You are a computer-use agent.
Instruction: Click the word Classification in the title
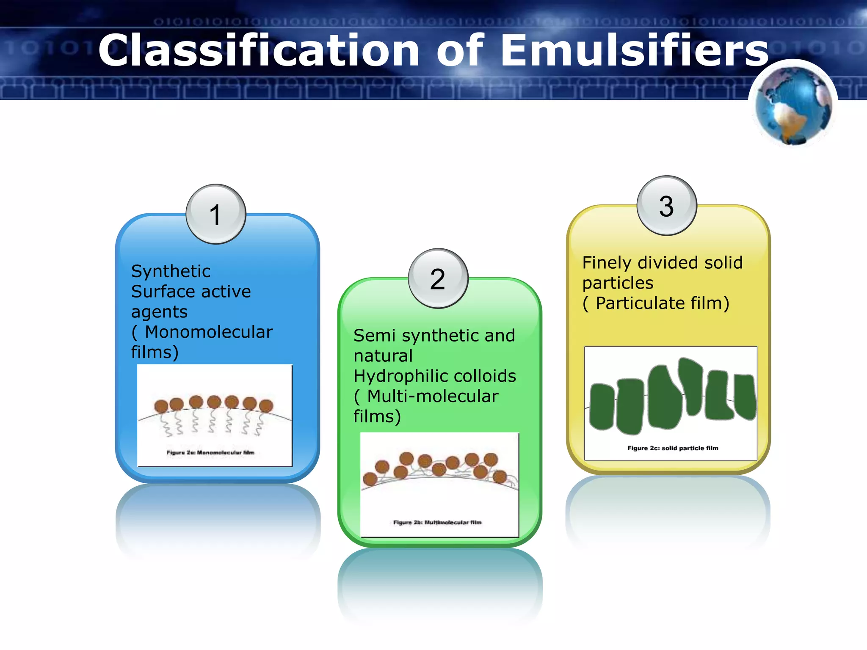pyautogui.click(x=258, y=50)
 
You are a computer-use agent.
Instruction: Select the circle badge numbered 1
pyautogui.click(x=216, y=214)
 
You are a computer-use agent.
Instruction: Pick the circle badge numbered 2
pyautogui.click(x=438, y=278)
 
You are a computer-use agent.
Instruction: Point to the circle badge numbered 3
pyautogui.click(x=667, y=206)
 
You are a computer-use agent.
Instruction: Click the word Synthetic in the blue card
pyautogui.click(x=171, y=271)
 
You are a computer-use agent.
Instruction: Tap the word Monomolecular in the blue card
pyautogui.click(x=209, y=332)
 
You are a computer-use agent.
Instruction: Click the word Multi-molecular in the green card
pyautogui.click(x=433, y=397)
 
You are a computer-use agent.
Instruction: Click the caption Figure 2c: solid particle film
pyautogui.click(x=673, y=448)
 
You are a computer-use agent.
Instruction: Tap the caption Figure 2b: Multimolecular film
pyautogui.click(x=437, y=523)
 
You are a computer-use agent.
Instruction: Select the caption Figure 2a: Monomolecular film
pyautogui.click(x=210, y=453)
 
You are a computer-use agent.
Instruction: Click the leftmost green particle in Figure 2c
pyautogui.click(x=602, y=407)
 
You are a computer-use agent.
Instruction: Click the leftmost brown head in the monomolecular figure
pyautogui.click(x=161, y=407)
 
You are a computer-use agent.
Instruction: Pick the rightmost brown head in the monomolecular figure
pyautogui.click(x=266, y=406)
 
